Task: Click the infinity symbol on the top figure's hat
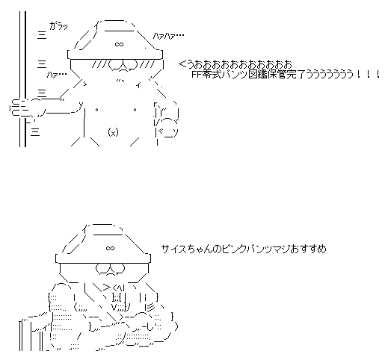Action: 119,44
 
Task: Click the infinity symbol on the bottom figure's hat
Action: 110,248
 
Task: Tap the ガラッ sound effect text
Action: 58,26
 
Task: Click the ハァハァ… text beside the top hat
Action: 168,37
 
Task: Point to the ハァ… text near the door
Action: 57,74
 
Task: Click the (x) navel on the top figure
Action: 113,132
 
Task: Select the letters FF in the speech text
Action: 197,74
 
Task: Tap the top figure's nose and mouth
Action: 123,66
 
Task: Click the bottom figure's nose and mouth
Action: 110,270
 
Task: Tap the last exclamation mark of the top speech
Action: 378,74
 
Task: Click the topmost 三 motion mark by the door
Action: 42,35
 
